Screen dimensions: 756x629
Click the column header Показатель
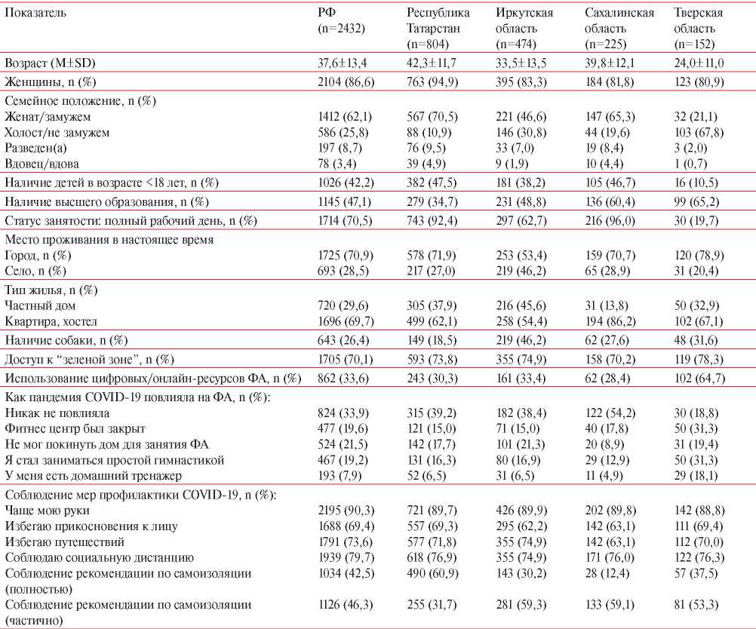(x=35, y=13)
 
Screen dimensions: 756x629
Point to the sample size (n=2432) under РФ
(x=341, y=29)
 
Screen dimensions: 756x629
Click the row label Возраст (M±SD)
(x=50, y=63)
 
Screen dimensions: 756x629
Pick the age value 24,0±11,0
(x=699, y=63)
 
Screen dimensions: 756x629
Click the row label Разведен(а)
(x=35, y=148)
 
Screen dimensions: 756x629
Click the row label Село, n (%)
(x=35, y=271)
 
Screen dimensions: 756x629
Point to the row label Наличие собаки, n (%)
(x=66, y=340)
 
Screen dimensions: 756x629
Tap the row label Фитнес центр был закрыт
(x=75, y=428)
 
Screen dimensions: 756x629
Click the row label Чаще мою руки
(x=48, y=511)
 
